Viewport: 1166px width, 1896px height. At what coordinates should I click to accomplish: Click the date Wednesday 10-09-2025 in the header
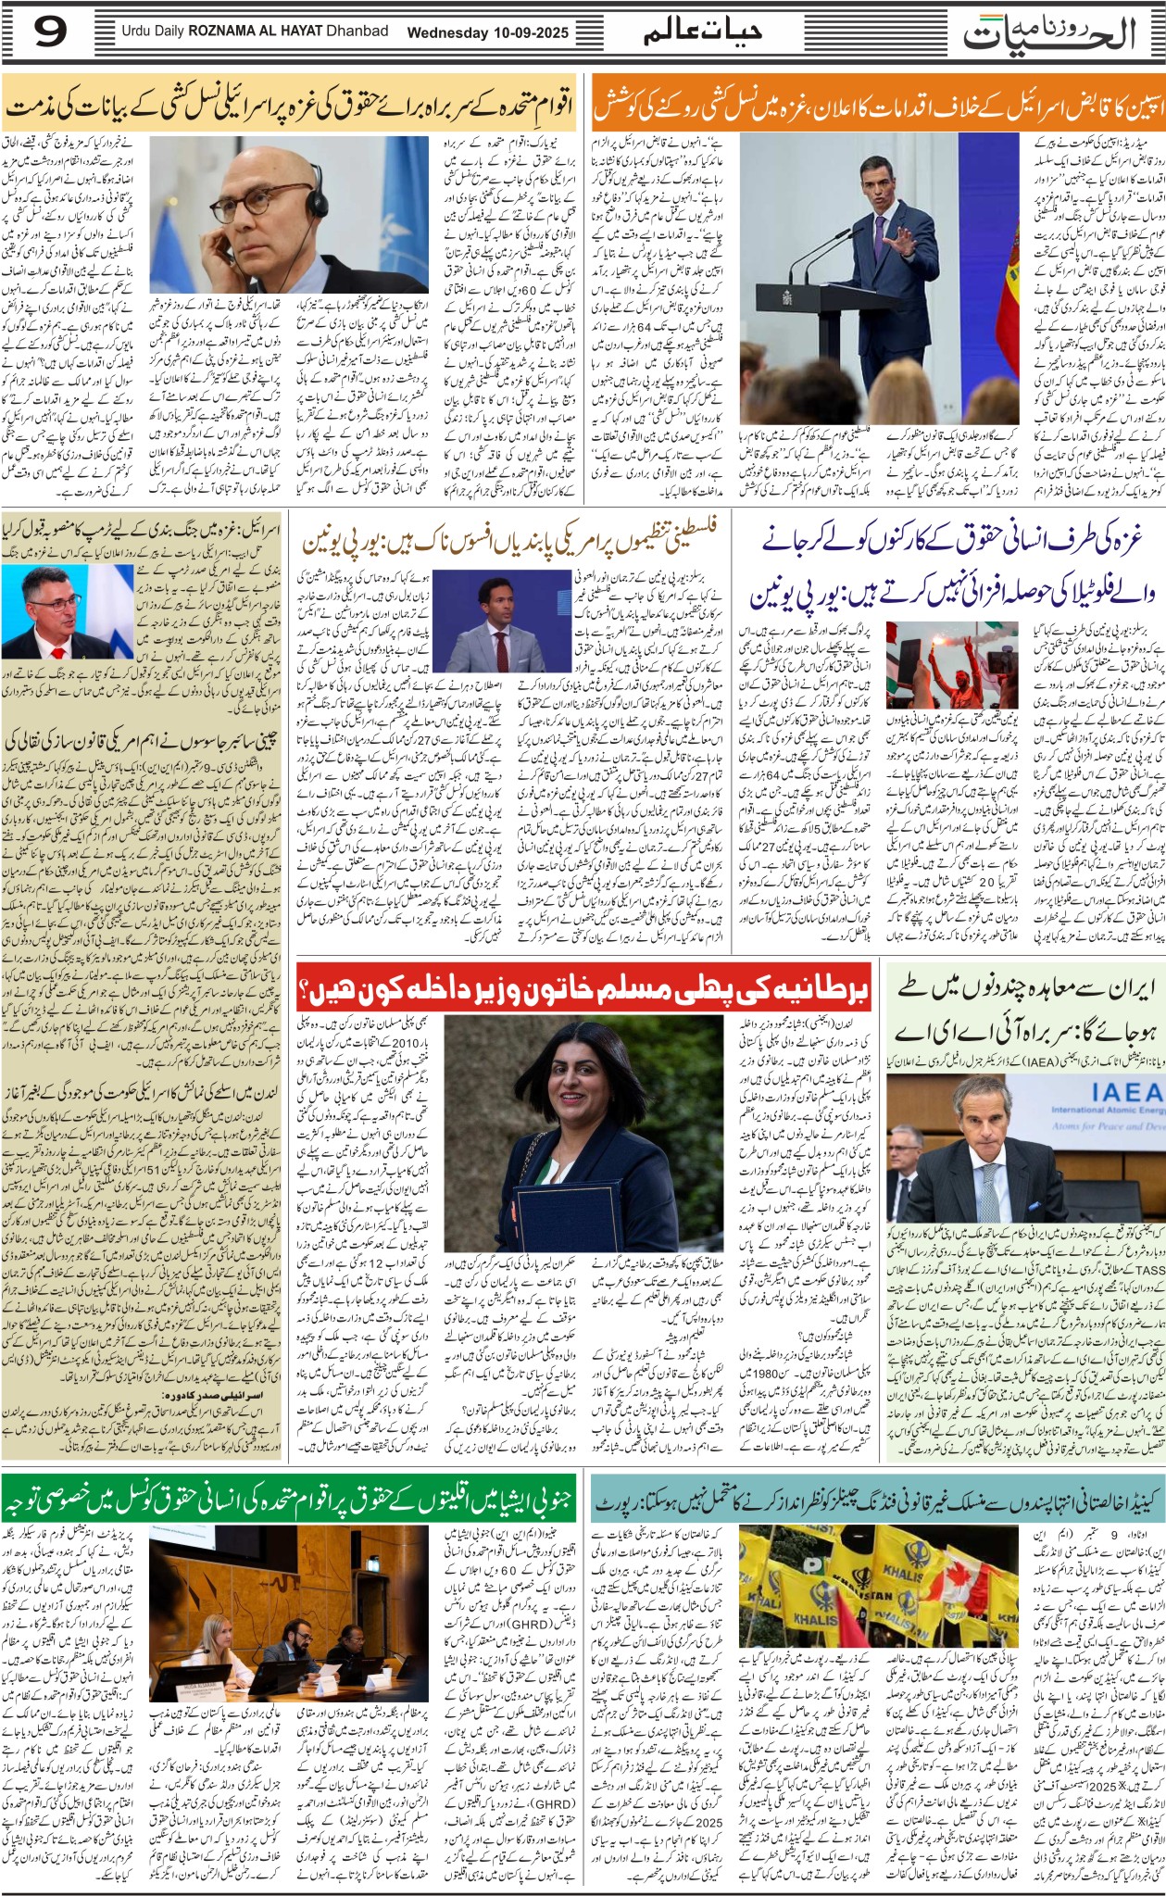[488, 32]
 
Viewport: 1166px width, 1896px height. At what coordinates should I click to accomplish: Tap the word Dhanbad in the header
[357, 31]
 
